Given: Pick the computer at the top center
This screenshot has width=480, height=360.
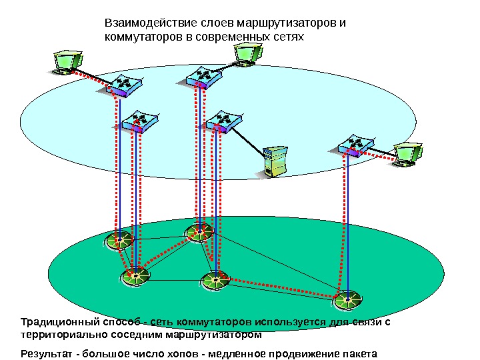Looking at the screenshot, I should [245, 53].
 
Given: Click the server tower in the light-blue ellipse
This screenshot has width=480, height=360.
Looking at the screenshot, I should [273, 161].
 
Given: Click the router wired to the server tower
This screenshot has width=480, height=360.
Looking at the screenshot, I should [222, 121].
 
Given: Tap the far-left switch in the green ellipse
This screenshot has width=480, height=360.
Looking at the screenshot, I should [120, 239].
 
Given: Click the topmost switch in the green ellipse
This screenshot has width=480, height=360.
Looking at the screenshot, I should [199, 232].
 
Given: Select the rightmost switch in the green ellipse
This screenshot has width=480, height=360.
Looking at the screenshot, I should [348, 300].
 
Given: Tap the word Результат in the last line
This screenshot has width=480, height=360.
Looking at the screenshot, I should [47, 353].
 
